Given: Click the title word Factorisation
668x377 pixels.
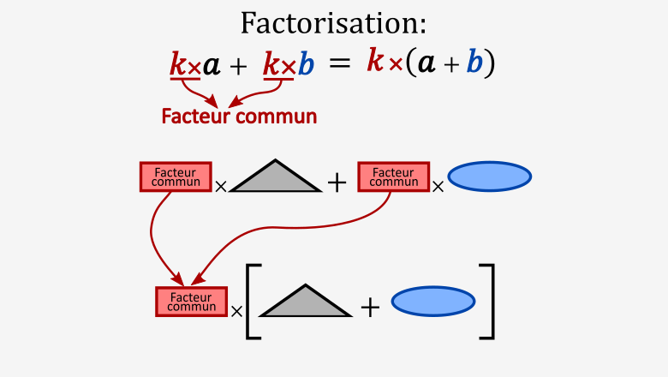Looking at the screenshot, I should [333, 23].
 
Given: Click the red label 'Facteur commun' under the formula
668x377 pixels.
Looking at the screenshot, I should [239, 116].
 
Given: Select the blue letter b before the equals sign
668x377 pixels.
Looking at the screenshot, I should [306, 64].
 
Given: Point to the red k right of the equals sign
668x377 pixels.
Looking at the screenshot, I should [374, 61].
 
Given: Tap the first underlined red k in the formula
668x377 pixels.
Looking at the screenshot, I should [178, 64].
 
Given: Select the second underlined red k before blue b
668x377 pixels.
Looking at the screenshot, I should [271, 64].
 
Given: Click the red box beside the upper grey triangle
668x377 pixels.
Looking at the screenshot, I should [176, 177].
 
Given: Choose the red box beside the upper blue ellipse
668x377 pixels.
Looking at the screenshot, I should [393, 177].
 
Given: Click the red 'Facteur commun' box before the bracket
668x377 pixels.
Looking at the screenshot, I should [191, 302].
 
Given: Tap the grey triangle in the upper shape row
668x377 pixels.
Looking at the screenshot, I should [275, 177].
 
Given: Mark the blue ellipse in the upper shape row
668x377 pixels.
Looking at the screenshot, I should [490, 177].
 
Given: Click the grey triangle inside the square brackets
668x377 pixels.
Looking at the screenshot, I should [305, 302].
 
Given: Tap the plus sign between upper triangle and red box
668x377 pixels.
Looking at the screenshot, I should [337, 182].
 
